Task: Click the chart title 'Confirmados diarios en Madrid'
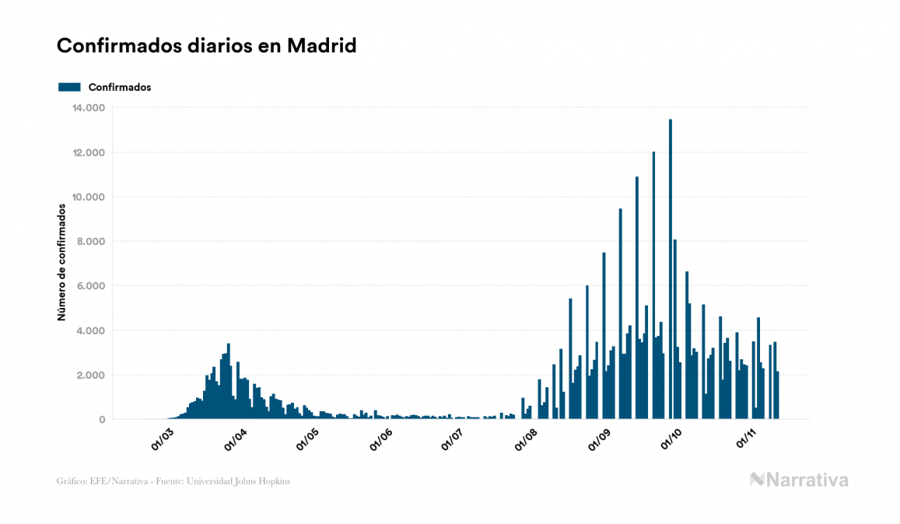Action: (x=206, y=46)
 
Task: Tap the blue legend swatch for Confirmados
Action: (x=69, y=87)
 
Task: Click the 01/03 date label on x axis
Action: (x=163, y=439)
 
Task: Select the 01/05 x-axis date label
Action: (x=308, y=439)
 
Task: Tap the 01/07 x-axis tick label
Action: (x=453, y=439)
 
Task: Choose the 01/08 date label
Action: (x=526, y=439)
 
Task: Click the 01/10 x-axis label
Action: (x=671, y=439)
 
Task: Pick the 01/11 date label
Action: (x=745, y=439)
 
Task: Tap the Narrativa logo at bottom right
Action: (x=799, y=480)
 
